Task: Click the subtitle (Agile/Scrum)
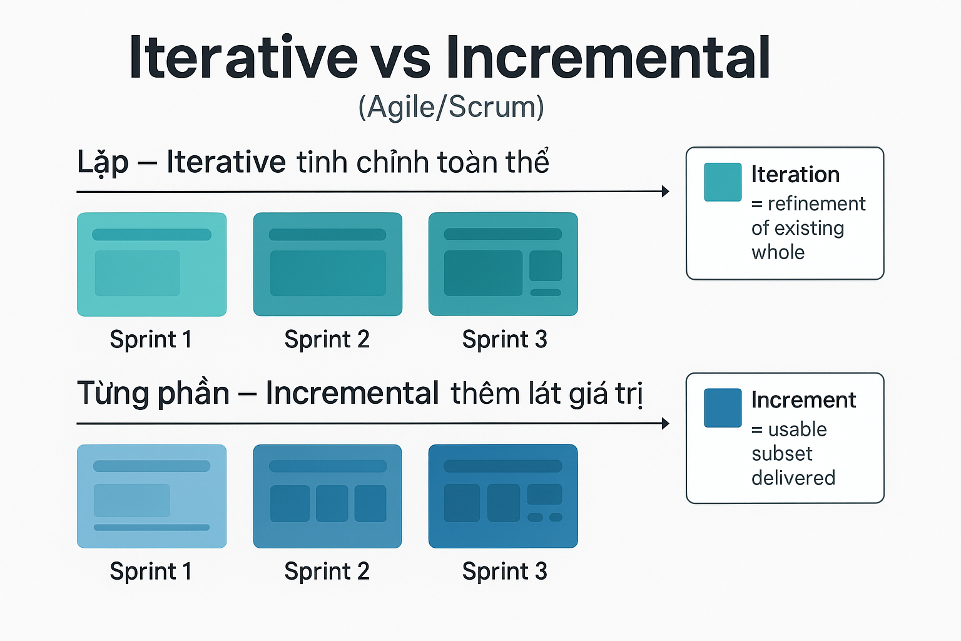pyautogui.click(x=451, y=107)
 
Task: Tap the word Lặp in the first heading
pyautogui.click(x=103, y=163)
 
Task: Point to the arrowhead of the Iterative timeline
pyautogui.click(x=666, y=192)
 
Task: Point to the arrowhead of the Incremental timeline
pyautogui.click(x=666, y=424)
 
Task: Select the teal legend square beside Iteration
pyautogui.click(x=723, y=182)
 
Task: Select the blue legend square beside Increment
pyautogui.click(x=723, y=408)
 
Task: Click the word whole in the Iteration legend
pyautogui.click(x=778, y=252)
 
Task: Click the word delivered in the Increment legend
pyautogui.click(x=793, y=478)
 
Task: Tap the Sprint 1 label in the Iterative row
pyautogui.click(x=151, y=339)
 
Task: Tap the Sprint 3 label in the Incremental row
pyautogui.click(x=504, y=572)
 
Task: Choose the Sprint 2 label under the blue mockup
pyautogui.click(x=327, y=572)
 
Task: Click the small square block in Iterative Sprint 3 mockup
pyautogui.click(x=546, y=265)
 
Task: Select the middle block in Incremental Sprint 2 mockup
pyautogui.click(x=332, y=503)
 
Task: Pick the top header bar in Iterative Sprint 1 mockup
pyautogui.click(x=151, y=235)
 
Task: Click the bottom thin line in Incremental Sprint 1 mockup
pyautogui.click(x=151, y=528)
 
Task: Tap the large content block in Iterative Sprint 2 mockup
pyautogui.click(x=328, y=274)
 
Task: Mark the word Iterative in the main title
pyautogui.click(x=243, y=58)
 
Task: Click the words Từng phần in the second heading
pyautogui.click(x=153, y=394)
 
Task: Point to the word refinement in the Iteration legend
pyautogui.click(x=816, y=204)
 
